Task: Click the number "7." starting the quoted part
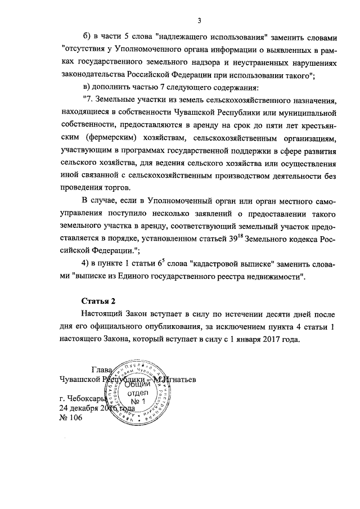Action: pyautogui.click(x=87, y=100)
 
